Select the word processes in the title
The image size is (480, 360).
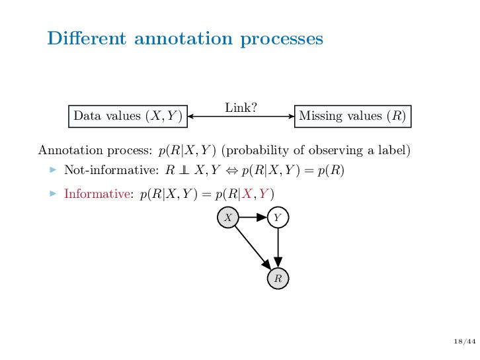click(282, 39)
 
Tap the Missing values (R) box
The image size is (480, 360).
click(352, 116)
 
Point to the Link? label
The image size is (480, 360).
click(241, 107)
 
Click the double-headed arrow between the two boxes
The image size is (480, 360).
click(241, 116)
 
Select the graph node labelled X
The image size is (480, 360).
click(227, 217)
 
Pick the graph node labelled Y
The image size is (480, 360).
click(278, 217)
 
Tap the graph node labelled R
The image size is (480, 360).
click(278, 279)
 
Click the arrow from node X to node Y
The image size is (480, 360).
click(253, 217)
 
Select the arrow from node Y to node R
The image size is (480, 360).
click(278, 248)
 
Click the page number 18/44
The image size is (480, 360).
click(465, 341)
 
